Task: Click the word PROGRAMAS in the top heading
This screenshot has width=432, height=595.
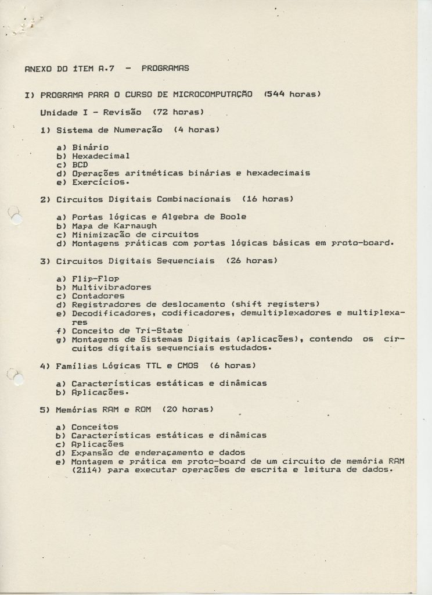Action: pos(165,68)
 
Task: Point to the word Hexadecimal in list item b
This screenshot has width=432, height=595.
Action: pos(101,156)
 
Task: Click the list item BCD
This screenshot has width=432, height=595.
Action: pos(80,164)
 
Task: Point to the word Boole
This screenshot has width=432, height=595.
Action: pos(233,217)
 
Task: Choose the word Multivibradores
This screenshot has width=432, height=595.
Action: pos(111,287)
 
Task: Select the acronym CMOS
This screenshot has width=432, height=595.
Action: pos(188,366)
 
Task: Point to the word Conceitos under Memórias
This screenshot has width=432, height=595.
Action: pos(95,427)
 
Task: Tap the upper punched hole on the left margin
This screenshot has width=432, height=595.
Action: pos(16,219)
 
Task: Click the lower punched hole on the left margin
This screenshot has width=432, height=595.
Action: pos(17,378)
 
